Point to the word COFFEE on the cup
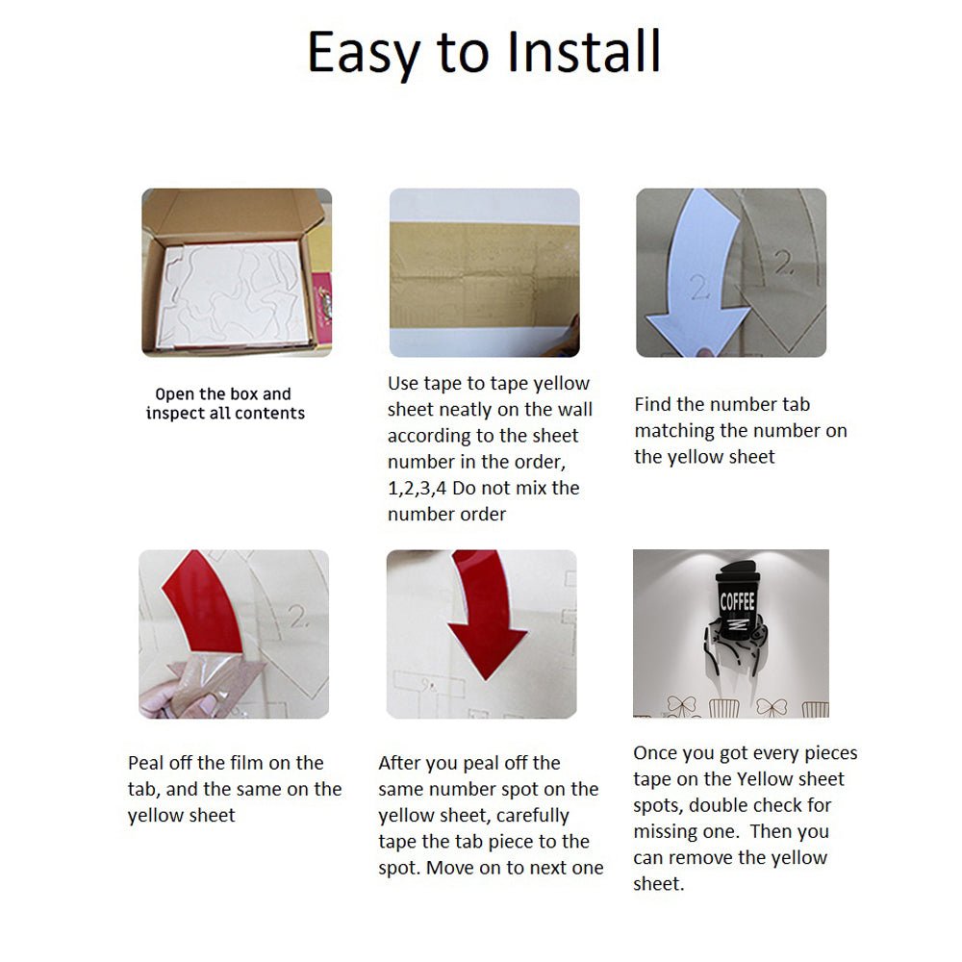[737, 602]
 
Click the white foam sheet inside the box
[232, 294]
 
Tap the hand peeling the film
[178, 694]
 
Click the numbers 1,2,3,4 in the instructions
[417, 489]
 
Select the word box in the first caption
[242, 393]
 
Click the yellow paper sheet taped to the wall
[484, 275]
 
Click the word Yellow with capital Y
[767, 779]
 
